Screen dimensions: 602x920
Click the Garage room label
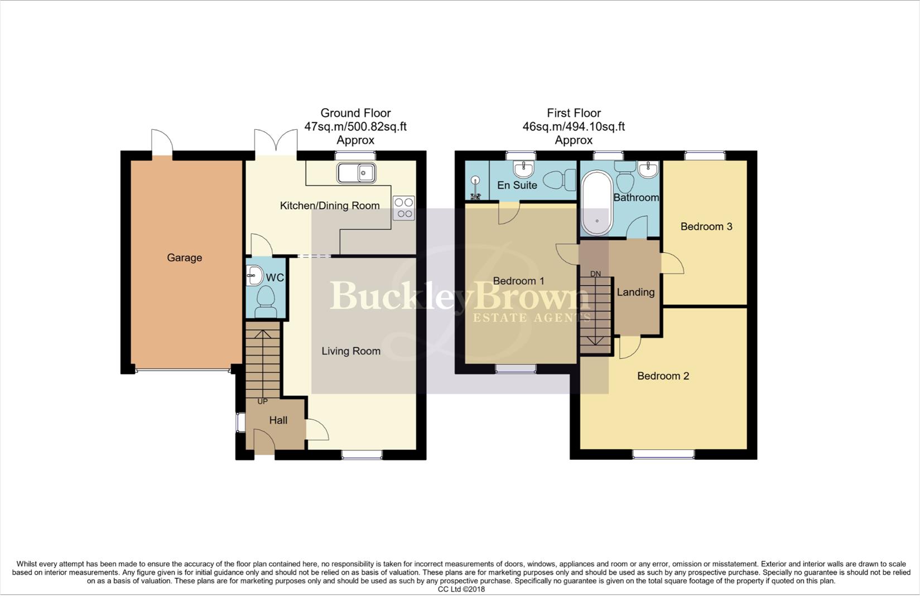[x=184, y=258]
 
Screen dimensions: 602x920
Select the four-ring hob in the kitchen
[x=404, y=208]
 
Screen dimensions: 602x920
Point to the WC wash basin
[x=254, y=274]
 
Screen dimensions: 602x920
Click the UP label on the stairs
[x=262, y=401]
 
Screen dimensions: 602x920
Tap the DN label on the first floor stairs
[x=595, y=274]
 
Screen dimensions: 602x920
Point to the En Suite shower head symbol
[x=475, y=181]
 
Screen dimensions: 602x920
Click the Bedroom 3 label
[x=706, y=226]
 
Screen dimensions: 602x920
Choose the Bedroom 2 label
[x=663, y=376]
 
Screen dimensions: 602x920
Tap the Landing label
[x=635, y=292]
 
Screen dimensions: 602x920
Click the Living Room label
[x=350, y=351]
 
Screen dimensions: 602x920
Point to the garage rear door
[x=162, y=142]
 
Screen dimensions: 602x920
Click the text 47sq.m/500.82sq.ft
[x=355, y=127]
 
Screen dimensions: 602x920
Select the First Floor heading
[x=573, y=113]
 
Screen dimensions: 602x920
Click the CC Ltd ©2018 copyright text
[x=461, y=589]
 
